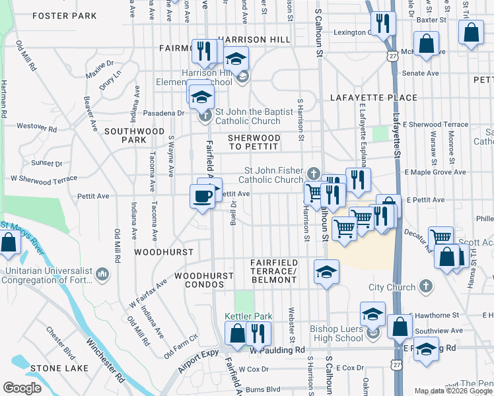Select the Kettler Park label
point(244,317)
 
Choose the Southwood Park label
point(133,135)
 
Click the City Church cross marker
point(427,287)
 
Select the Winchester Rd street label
point(105,359)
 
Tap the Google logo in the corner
point(22,387)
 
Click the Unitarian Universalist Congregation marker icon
point(103,273)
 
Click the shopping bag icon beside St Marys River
point(9,244)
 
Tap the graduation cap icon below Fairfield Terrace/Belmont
point(326,273)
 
